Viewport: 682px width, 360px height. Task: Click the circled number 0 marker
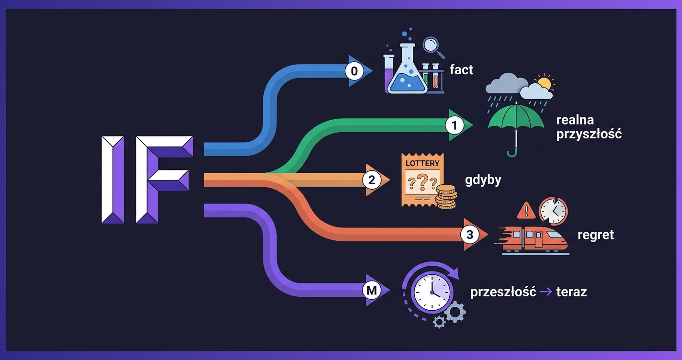pyautogui.click(x=354, y=71)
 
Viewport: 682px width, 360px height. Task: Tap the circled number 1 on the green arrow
pyautogui.click(x=455, y=125)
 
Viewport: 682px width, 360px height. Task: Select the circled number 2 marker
pyautogui.click(x=371, y=180)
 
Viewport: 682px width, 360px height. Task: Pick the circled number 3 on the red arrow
pyautogui.click(x=469, y=235)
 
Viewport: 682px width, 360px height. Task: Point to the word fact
pyautogui.click(x=461, y=70)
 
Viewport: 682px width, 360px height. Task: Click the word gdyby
pyautogui.click(x=483, y=180)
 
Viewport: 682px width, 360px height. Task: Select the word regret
pyautogui.click(x=595, y=235)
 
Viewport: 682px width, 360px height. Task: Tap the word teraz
pyautogui.click(x=571, y=292)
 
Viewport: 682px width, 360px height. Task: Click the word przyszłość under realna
pyautogui.click(x=589, y=134)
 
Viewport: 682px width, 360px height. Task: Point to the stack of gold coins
pyautogui.click(x=446, y=198)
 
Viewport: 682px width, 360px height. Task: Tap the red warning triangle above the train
pyautogui.click(x=526, y=210)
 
